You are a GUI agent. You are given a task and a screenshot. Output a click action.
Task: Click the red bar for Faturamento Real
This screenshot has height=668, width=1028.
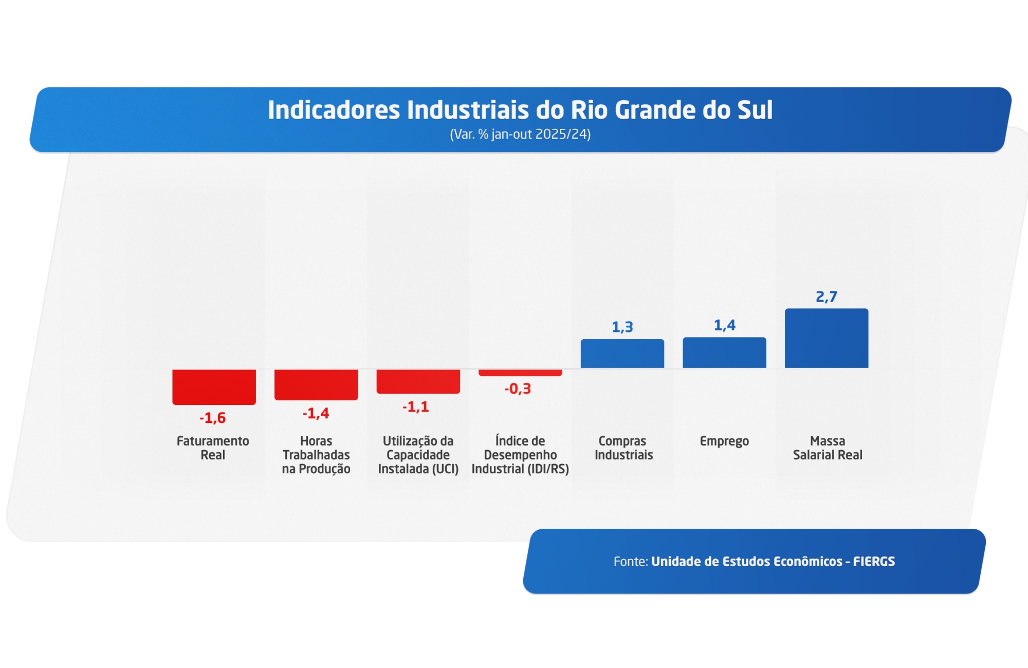click(x=214, y=386)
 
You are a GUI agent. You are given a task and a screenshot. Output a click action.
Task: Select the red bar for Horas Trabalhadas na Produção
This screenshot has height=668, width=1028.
click(x=316, y=384)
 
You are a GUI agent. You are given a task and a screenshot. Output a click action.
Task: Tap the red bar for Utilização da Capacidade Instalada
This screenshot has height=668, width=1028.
click(x=418, y=381)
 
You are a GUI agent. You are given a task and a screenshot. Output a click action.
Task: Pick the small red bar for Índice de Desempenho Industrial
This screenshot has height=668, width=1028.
click(x=520, y=373)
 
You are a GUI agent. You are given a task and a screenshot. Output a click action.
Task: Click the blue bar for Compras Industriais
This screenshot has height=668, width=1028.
click(x=622, y=354)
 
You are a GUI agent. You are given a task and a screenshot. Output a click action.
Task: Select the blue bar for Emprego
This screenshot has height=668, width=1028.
click(x=724, y=352)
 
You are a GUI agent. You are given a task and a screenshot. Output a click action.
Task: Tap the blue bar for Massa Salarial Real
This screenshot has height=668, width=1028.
click(x=827, y=338)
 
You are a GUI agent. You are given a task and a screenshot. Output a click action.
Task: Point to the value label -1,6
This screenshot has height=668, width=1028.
click(x=213, y=418)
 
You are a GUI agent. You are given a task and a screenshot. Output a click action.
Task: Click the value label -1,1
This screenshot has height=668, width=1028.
click(x=415, y=407)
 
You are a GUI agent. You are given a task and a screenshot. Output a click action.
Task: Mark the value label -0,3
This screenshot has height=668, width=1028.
click(x=518, y=388)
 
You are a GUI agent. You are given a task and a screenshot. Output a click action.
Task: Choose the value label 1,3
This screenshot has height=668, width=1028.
click(x=622, y=327)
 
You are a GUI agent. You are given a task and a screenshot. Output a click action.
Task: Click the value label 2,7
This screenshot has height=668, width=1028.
click(x=827, y=296)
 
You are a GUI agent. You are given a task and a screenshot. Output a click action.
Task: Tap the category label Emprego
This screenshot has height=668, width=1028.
click(x=724, y=441)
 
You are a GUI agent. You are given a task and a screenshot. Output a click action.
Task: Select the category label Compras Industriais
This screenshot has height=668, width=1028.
click(x=623, y=448)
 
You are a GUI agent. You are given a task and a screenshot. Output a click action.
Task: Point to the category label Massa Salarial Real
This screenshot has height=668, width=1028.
click(x=828, y=448)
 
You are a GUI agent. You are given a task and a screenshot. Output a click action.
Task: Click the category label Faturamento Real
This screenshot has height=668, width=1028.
click(x=213, y=448)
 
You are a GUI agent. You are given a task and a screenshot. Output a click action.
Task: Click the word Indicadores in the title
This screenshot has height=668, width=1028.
click(x=334, y=110)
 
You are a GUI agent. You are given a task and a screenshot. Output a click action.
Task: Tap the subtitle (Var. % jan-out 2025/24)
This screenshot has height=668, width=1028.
click(x=520, y=134)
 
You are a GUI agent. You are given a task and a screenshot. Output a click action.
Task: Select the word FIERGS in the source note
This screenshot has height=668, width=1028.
click(x=874, y=561)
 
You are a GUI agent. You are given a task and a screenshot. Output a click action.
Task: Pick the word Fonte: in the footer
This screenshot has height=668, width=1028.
click(x=631, y=561)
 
